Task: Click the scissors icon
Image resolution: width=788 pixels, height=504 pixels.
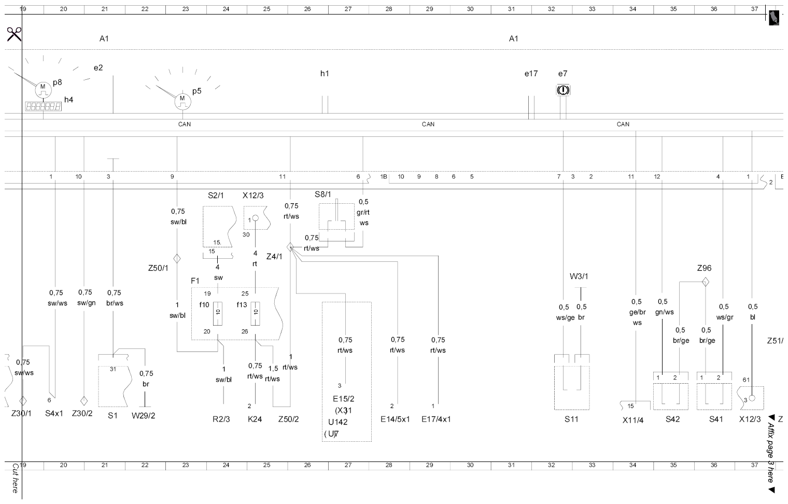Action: [x=14, y=34]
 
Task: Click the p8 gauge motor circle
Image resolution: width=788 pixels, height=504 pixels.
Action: [x=43, y=90]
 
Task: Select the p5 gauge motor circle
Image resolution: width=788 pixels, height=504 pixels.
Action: [x=182, y=102]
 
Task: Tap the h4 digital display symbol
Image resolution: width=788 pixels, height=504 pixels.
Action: [x=43, y=106]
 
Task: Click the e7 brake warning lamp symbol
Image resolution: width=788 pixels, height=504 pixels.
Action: [x=563, y=90]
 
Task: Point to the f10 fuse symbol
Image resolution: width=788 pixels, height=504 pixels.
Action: [x=218, y=313]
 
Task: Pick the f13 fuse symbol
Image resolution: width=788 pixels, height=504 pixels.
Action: [x=256, y=313]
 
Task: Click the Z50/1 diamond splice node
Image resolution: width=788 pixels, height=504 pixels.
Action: [x=177, y=259]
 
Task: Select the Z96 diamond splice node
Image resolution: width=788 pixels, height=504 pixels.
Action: [x=706, y=282]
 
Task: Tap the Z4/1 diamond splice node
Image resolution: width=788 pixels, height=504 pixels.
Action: [x=290, y=247]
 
